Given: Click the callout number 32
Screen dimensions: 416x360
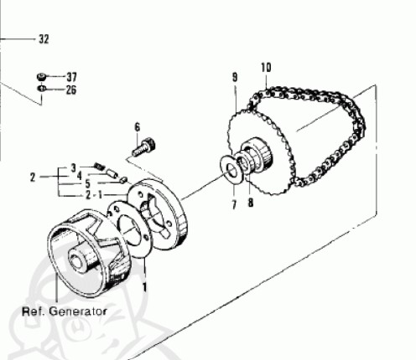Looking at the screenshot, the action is (x=44, y=39).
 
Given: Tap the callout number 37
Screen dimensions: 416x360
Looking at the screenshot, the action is (x=71, y=77).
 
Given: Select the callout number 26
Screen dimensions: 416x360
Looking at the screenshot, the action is (x=71, y=90).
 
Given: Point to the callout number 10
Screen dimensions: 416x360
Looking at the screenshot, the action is (x=267, y=68).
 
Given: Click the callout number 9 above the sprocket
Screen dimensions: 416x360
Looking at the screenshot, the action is (x=235, y=77).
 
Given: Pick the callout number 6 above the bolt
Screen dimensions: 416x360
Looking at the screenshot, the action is (x=138, y=127).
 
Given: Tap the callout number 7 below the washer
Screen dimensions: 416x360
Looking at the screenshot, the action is (x=234, y=205).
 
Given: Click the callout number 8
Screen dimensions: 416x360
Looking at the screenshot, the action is (x=251, y=203).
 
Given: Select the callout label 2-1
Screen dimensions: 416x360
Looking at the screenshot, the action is (x=94, y=195).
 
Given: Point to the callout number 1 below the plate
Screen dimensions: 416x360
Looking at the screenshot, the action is (x=144, y=287).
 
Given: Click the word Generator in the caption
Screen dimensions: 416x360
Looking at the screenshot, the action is (x=78, y=311).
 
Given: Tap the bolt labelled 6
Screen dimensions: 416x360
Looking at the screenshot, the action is (x=144, y=147).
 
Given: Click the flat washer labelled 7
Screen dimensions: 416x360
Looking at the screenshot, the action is (x=229, y=170).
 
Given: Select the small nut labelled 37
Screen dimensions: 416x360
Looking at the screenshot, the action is (x=42, y=77).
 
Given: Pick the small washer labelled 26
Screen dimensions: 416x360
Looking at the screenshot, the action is (x=41, y=89).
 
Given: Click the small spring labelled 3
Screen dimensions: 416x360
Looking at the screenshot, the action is (x=99, y=166).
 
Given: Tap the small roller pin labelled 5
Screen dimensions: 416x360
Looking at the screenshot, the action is (x=123, y=180).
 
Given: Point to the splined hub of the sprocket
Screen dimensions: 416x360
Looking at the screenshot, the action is (x=257, y=155).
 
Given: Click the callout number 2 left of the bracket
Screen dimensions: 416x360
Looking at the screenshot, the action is (x=33, y=177).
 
